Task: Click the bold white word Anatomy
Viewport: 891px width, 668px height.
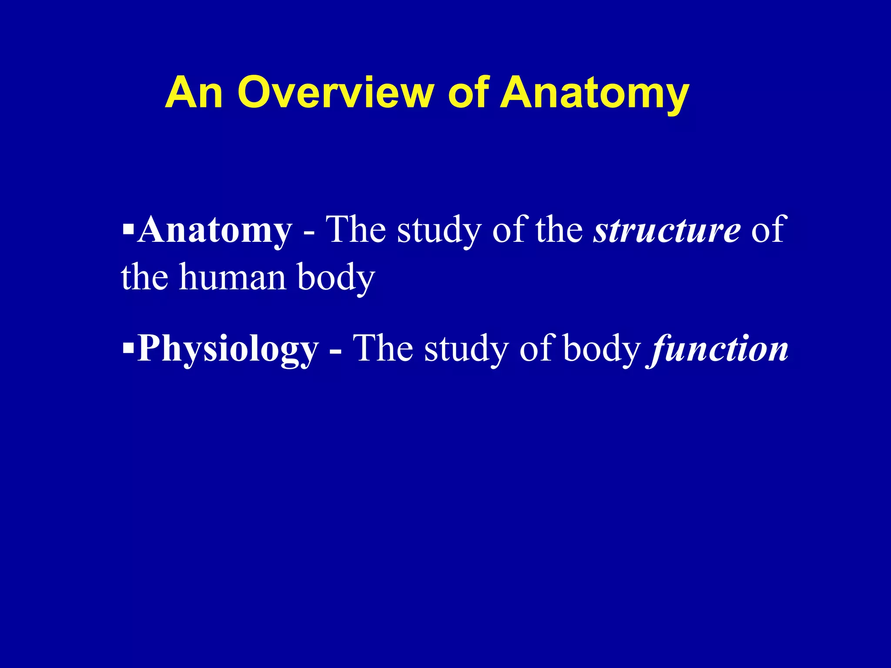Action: tap(214, 230)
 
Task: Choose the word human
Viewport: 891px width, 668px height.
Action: tap(233, 277)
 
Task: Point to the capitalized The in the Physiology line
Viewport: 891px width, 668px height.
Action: tap(382, 348)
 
